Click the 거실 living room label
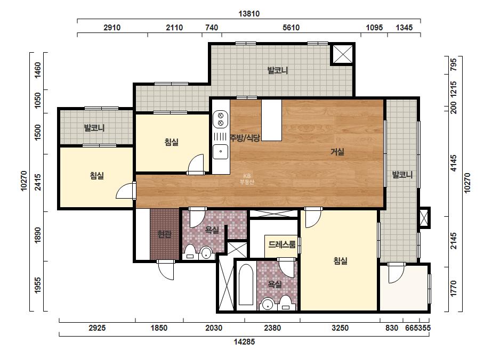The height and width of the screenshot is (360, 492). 337,152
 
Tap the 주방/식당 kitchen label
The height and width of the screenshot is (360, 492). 245,138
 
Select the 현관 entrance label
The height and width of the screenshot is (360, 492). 164,234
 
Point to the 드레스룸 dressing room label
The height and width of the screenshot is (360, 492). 282,244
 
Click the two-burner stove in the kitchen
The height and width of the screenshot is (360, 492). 221,119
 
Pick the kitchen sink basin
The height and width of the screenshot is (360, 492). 221,152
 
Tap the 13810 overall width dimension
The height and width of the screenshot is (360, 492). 249,14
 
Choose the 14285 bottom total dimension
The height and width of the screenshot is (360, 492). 244,342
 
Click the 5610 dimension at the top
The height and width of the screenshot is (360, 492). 291,28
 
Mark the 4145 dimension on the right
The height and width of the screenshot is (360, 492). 454,163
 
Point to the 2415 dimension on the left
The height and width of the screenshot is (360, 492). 38,183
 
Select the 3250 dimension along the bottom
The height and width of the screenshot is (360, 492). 340,328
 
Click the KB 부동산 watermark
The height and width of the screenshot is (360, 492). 247,179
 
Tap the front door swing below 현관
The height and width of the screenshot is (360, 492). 165,270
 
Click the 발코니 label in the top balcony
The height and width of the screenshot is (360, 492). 278,70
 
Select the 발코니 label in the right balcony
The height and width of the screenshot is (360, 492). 402,175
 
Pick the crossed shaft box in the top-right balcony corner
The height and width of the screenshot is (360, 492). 342,54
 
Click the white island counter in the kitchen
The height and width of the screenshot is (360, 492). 271,120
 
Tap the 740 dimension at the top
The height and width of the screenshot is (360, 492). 212,28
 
